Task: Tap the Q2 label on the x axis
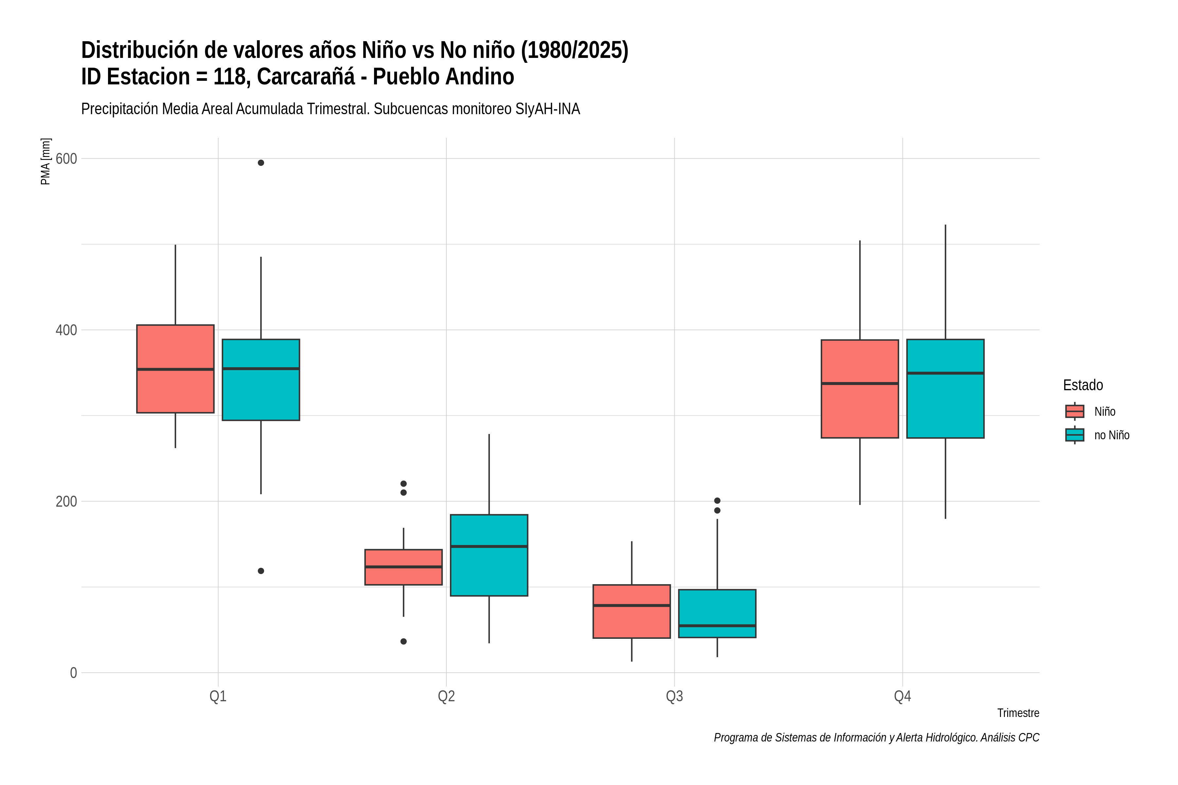point(446,696)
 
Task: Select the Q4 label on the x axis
point(902,696)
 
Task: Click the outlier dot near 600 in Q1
point(261,163)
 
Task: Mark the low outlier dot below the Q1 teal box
point(261,571)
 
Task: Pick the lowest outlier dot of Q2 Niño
point(404,641)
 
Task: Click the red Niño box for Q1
point(175,369)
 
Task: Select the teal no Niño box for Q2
point(489,555)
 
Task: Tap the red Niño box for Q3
point(632,611)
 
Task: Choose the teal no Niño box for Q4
point(945,389)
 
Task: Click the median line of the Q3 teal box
point(717,626)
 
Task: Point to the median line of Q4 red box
point(860,383)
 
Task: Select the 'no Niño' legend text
point(1112,435)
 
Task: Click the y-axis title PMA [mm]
point(45,161)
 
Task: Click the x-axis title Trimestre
point(1018,713)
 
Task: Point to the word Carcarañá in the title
point(306,77)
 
